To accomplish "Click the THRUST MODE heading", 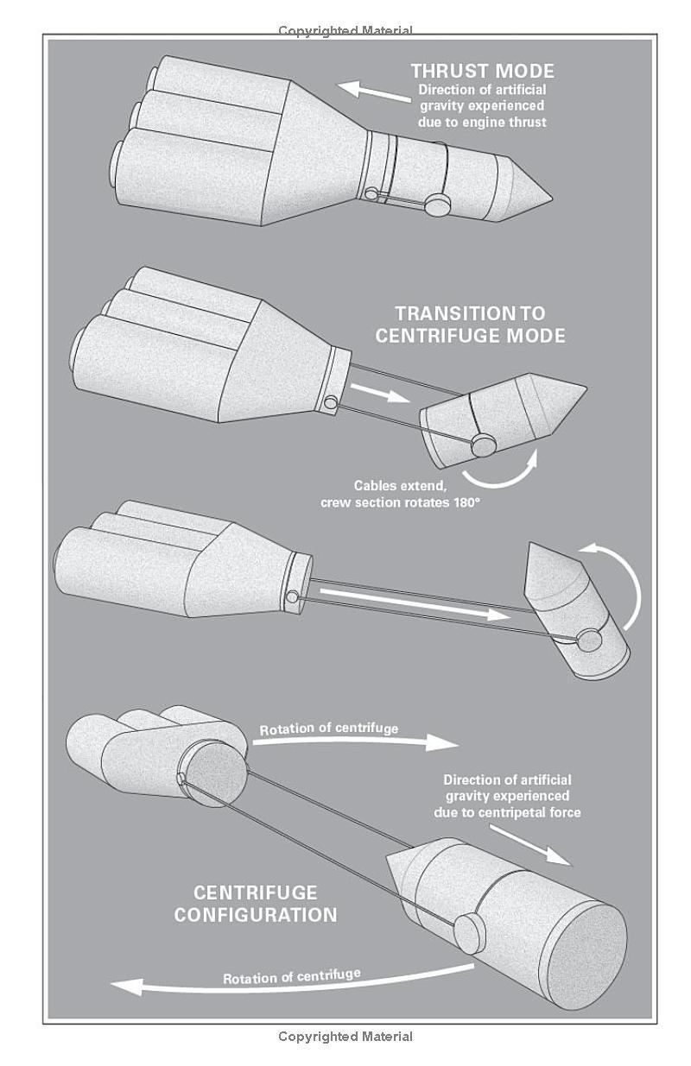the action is (483, 72).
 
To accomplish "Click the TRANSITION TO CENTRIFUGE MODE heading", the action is (470, 325).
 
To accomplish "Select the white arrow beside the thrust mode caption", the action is (374, 91).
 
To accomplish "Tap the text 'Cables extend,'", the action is (400, 486).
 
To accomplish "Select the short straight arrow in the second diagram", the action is (380, 392).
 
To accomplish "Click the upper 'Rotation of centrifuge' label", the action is (328, 729).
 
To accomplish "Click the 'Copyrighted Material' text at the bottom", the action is (345, 1036).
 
